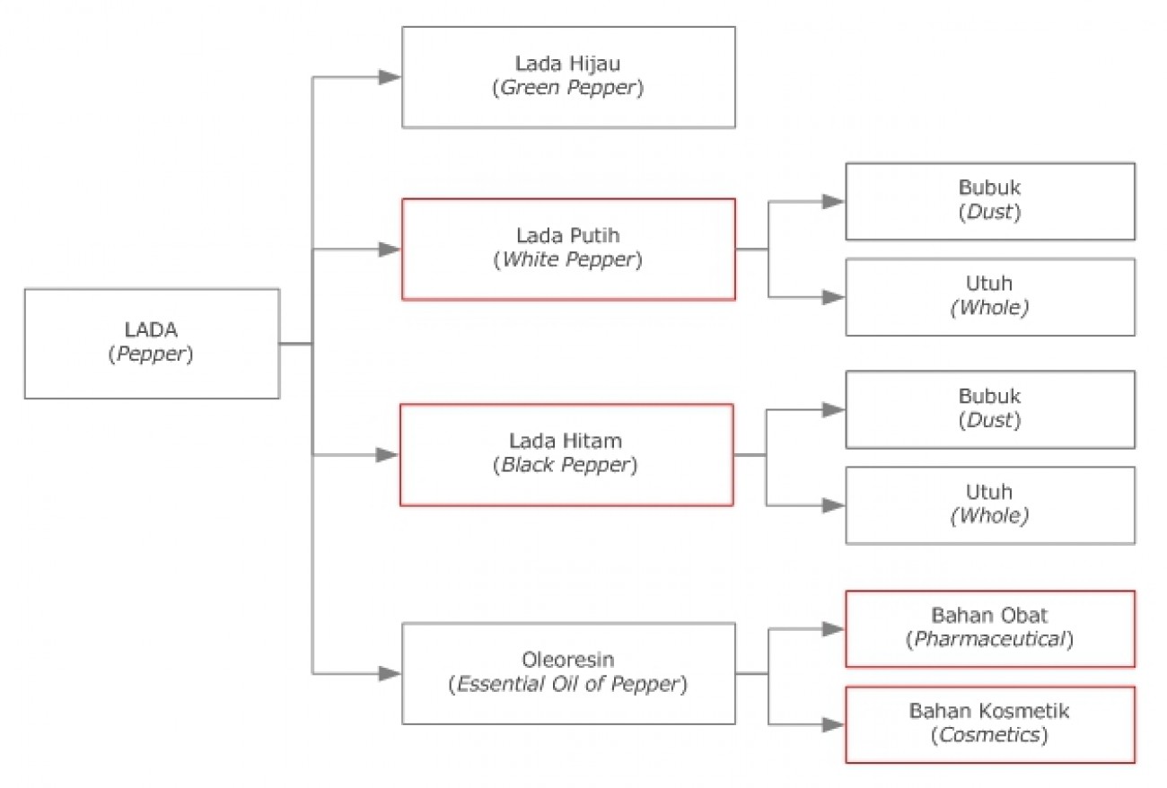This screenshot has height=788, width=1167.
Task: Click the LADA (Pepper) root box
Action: point(152,343)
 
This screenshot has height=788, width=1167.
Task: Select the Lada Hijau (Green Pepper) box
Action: point(568,76)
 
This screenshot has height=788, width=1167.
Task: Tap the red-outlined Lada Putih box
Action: point(568,249)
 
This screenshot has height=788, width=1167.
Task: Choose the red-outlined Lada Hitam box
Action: point(567,454)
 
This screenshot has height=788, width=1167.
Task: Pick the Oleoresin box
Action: point(568,673)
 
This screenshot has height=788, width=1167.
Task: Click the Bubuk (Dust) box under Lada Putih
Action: point(990,201)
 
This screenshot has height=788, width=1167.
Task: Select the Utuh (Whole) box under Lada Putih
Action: point(990,297)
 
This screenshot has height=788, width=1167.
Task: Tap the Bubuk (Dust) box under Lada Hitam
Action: point(990,409)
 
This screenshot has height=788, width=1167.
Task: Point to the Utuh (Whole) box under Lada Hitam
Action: point(990,504)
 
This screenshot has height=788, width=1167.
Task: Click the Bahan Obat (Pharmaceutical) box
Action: point(990,628)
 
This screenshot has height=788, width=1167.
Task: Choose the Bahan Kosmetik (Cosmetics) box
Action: point(990,724)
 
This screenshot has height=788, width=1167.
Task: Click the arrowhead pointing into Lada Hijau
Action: point(390,77)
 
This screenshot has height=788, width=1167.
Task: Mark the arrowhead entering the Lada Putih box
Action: point(390,250)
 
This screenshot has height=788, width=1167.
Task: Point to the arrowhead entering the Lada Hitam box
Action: point(388,455)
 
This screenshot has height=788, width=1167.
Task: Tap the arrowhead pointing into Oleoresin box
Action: point(390,673)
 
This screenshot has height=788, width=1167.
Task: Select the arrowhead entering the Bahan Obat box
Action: point(834,628)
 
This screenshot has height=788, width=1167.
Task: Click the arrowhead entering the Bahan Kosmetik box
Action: point(834,724)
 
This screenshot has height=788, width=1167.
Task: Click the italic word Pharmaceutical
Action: point(990,640)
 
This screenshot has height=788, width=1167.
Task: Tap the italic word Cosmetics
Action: point(990,736)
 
